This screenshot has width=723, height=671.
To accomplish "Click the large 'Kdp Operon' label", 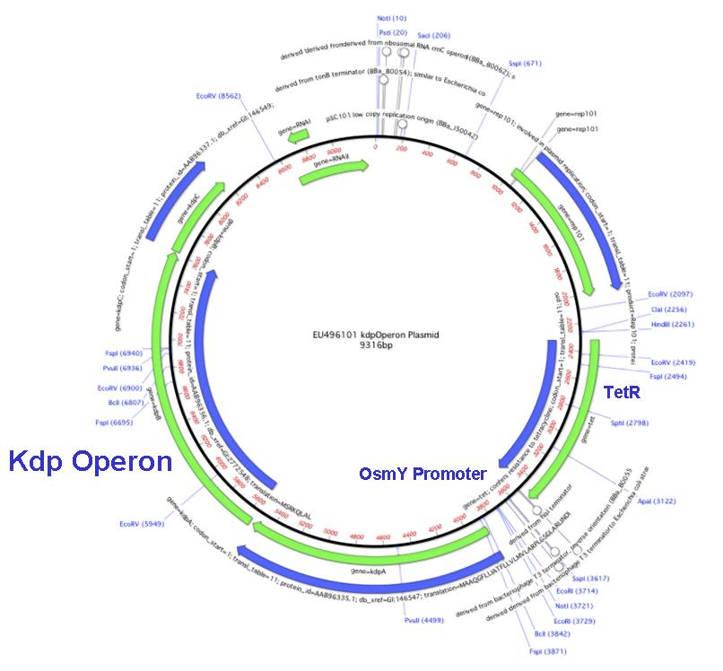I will pos(91,462).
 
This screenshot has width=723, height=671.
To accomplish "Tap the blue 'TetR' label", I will pos(623,392).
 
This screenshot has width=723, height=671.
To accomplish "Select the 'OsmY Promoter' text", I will pos(422,474).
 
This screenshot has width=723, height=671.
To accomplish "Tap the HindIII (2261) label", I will pos(673,324).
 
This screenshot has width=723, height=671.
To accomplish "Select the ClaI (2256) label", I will pos(668,309).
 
